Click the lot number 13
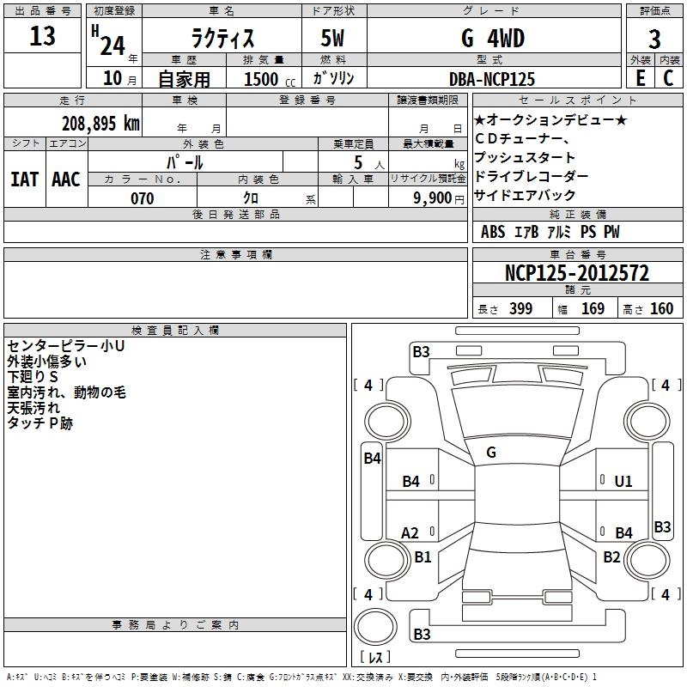[42, 37]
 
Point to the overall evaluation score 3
[654, 40]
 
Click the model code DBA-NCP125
[492, 79]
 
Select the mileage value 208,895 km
[100, 123]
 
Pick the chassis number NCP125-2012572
[576, 273]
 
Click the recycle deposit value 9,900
[433, 198]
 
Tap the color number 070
[142, 198]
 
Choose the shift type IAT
[24, 179]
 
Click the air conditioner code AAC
[66, 179]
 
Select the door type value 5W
[335, 40]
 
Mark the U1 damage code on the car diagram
[623, 482]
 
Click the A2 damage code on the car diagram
[410, 533]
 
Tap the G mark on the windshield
[491, 453]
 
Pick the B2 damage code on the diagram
[611, 557]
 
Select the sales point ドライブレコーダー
[531, 176]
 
